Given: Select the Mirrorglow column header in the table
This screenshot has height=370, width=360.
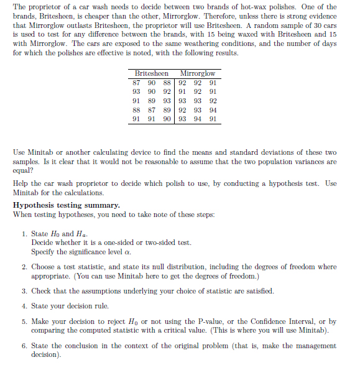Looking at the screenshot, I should click(197, 73).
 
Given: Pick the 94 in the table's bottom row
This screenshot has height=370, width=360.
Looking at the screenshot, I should click(198, 119).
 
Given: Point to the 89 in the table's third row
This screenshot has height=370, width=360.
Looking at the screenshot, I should click(152, 101).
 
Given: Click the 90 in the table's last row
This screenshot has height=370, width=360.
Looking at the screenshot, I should click(167, 119).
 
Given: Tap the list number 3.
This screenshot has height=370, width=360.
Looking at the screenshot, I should click(23, 290).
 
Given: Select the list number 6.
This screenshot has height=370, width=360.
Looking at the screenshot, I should click(23, 345).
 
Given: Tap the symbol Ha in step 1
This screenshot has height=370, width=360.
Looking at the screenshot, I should click(82, 234).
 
